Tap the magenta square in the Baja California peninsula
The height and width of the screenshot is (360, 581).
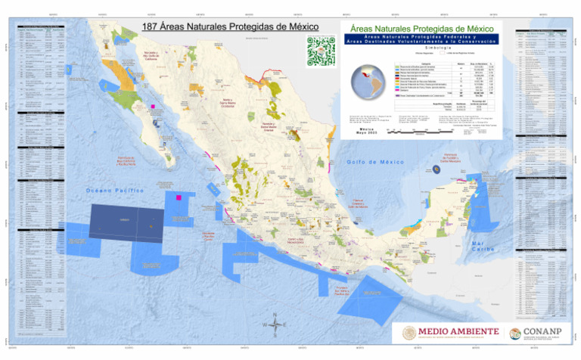coord(152,107)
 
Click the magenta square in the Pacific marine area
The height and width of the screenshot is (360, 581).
coord(179,197)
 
